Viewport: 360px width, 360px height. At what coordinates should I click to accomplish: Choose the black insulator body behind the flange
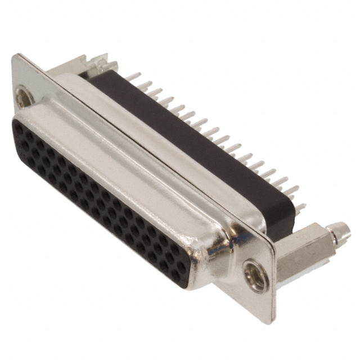tap(186, 141)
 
